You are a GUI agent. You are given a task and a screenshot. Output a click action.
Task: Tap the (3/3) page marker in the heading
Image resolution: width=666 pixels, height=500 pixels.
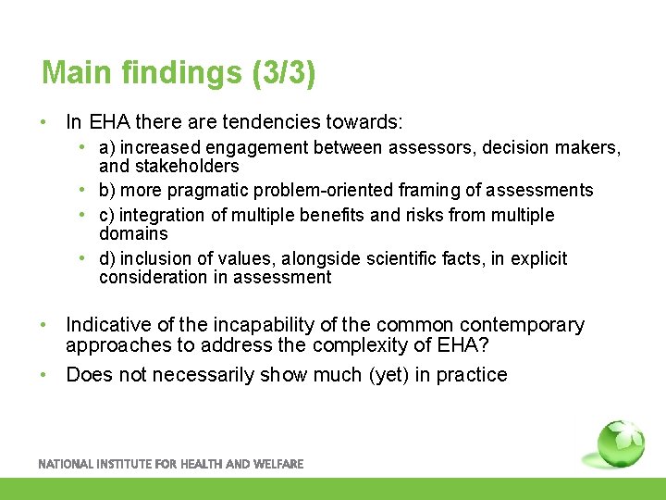pyautogui.click(x=282, y=73)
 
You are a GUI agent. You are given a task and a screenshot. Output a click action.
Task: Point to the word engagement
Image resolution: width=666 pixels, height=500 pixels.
pyautogui.click(x=263, y=148)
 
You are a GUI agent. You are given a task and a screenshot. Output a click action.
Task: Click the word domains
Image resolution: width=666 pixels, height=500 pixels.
pyautogui.click(x=133, y=234)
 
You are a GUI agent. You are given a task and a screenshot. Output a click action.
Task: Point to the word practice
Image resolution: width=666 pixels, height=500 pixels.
pyautogui.click(x=470, y=375)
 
